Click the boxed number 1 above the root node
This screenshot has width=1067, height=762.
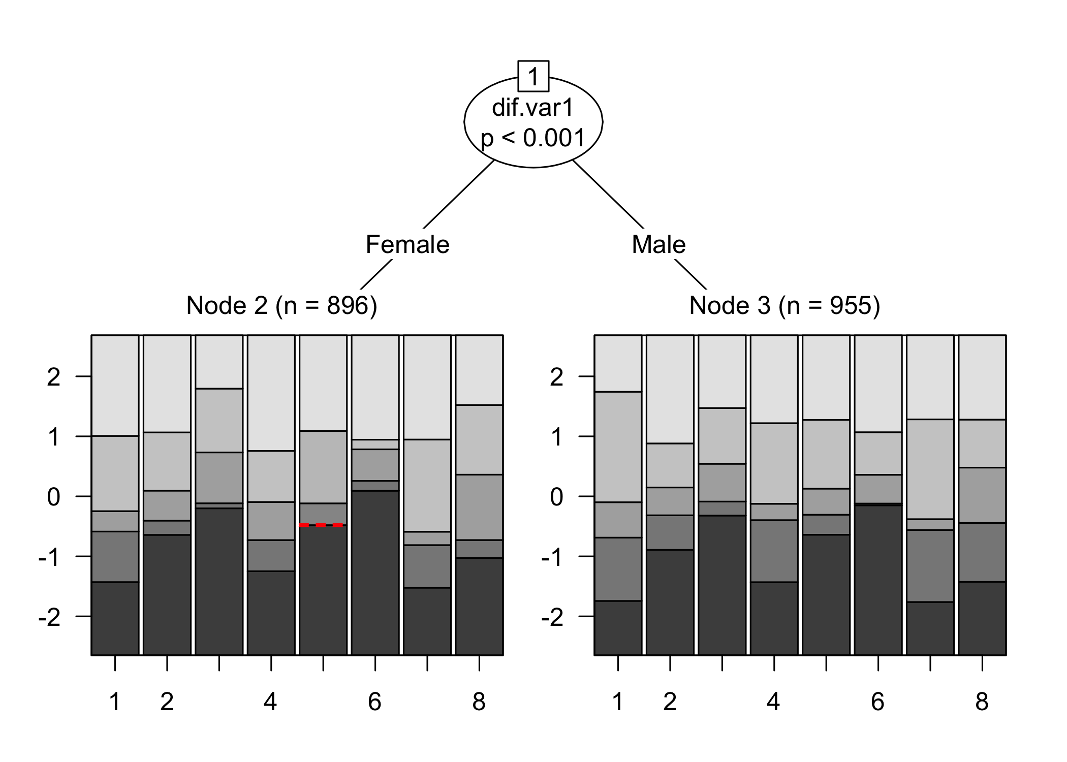pyautogui.click(x=533, y=76)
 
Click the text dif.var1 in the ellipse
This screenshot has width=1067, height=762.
pyautogui.click(x=533, y=108)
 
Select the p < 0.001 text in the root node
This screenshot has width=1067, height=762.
pyautogui.click(x=533, y=138)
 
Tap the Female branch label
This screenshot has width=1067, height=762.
pyautogui.click(x=407, y=244)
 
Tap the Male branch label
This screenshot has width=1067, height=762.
pyautogui.click(x=658, y=244)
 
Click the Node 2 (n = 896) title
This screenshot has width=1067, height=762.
pyautogui.click(x=281, y=305)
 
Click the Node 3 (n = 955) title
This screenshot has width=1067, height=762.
pyautogui.click(x=784, y=305)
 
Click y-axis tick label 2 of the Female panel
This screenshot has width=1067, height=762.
pyautogui.click(x=53, y=377)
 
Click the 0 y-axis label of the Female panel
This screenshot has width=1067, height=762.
pyautogui.click(x=53, y=497)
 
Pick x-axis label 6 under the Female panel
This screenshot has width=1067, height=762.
pyautogui.click(x=374, y=702)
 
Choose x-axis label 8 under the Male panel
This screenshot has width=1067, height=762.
pyautogui.click(x=982, y=702)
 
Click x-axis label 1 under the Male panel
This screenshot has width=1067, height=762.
pyautogui.click(x=618, y=702)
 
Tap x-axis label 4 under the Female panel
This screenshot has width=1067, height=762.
pyautogui.click(x=270, y=702)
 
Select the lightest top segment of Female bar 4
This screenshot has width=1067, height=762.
pyautogui.click(x=271, y=393)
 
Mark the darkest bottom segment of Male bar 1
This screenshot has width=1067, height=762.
pyautogui.click(x=618, y=628)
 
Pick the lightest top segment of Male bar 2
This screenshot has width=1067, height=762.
pyautogui.click(x=670, y=389)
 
